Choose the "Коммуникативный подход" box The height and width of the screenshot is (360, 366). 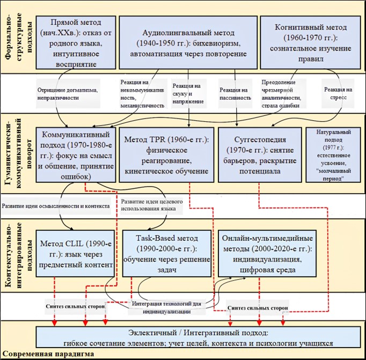[x=76, y=151]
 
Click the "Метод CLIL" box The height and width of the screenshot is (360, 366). [x=76, y=251]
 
